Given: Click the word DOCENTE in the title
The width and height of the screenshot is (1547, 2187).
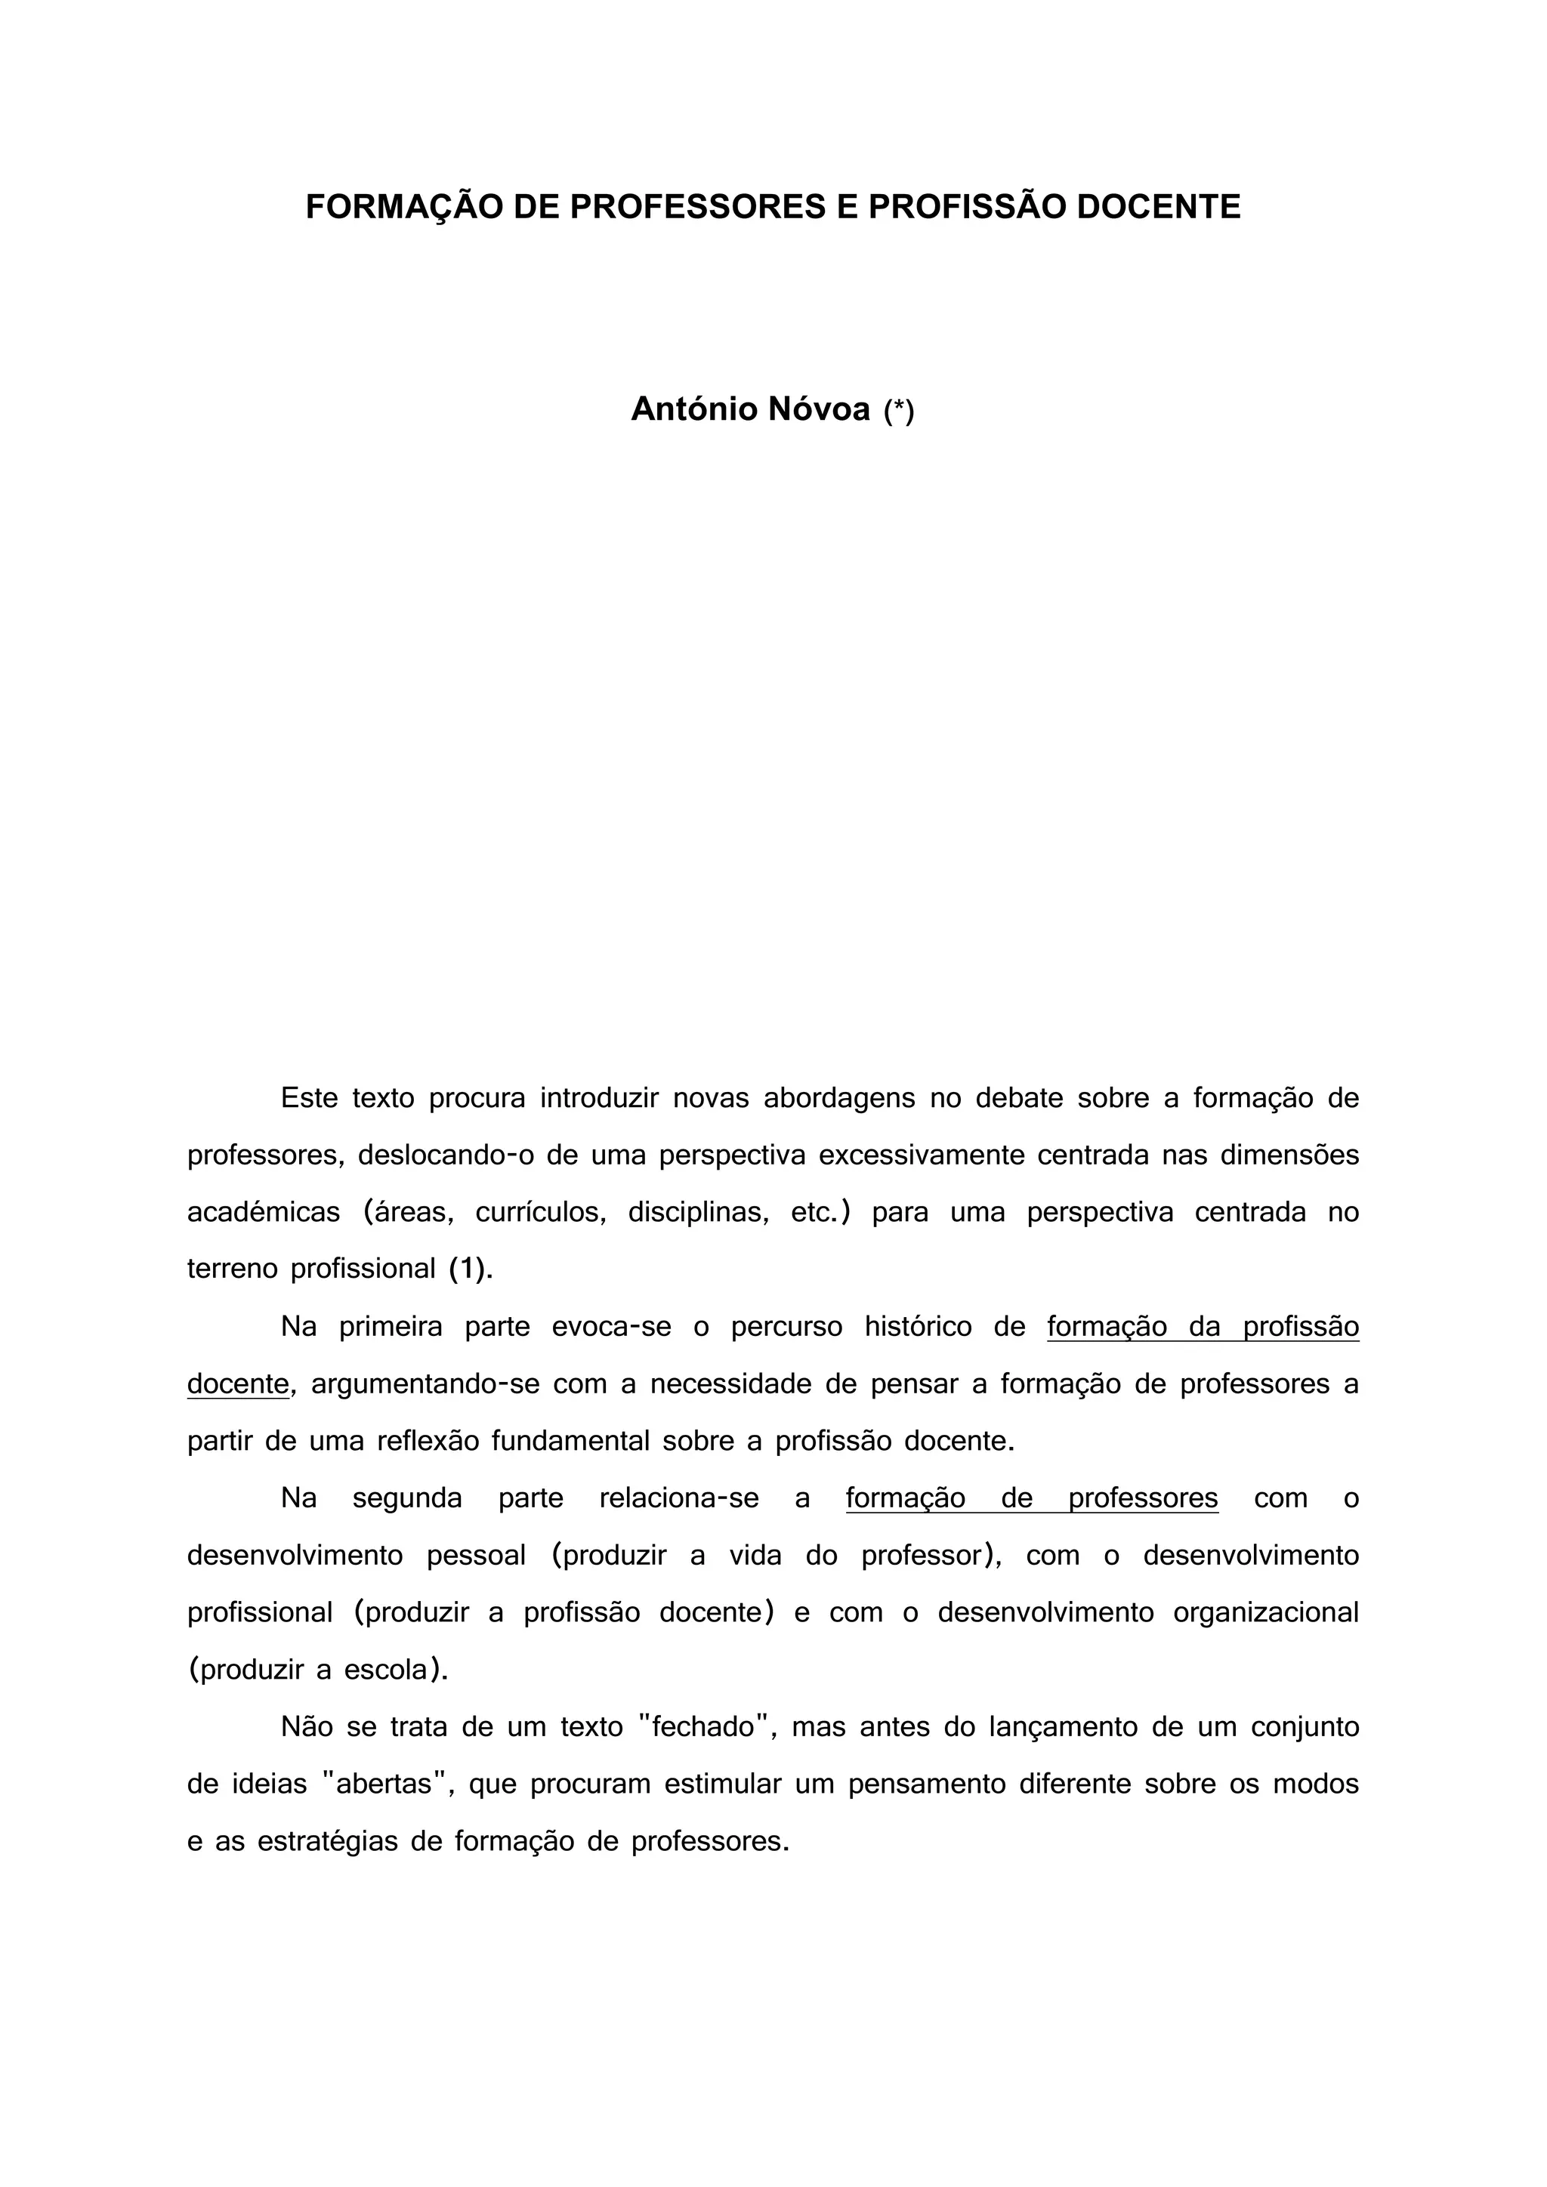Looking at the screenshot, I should (x=1158, y=207).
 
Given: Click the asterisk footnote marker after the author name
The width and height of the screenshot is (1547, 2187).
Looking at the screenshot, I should (x=898, y=411).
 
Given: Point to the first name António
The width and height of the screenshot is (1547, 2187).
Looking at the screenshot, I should (x=693, y=409).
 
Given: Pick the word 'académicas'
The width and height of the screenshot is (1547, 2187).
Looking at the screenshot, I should (x=264, y=1213).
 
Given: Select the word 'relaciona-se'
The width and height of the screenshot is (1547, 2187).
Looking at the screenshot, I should (x=679, y=1498).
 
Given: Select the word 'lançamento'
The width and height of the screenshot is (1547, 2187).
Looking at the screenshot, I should (x=1064, y=1727).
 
